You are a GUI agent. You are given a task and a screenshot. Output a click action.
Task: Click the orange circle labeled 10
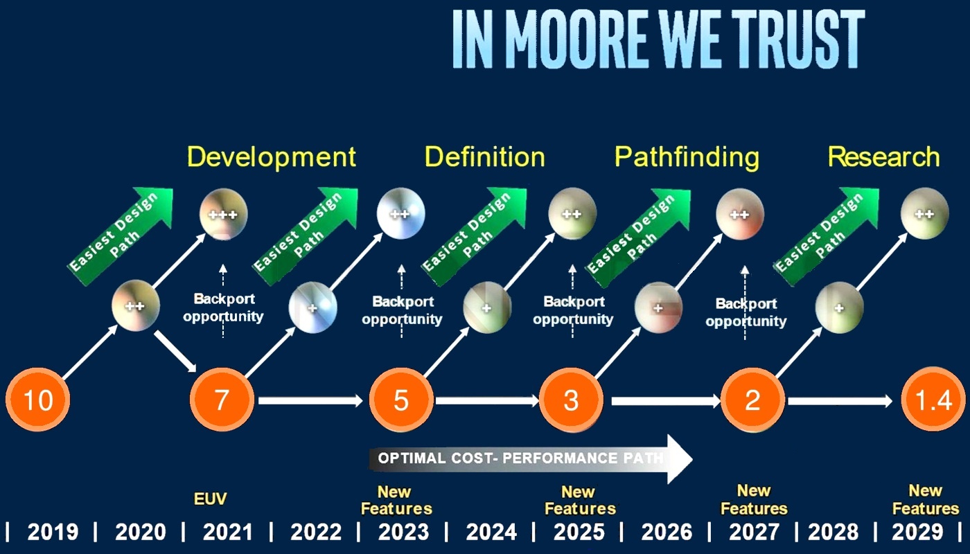coord(37,400)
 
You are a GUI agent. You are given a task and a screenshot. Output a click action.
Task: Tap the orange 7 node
coord(222,400)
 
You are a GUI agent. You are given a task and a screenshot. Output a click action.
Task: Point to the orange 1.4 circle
coord(933,399)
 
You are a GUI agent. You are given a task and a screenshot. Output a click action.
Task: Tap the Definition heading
coord(484,157)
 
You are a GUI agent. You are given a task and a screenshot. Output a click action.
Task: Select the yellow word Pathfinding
coord(687,158)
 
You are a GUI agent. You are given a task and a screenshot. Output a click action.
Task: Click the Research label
coord(884,157)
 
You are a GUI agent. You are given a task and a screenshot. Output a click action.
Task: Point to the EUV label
coord(210,499)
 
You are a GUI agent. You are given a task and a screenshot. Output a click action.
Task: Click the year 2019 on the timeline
coord(53,532)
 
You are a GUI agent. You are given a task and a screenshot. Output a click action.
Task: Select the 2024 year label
coord(491,532)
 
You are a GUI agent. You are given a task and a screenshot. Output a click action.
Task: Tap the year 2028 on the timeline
coord(833,532)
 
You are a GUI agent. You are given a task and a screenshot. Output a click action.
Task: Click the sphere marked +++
coord(223,214)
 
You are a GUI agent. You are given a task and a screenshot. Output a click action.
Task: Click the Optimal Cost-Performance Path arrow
coord(531,458)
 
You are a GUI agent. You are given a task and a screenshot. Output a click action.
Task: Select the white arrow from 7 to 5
coord(310,401)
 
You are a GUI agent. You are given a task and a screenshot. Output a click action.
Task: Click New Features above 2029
coord(926,499)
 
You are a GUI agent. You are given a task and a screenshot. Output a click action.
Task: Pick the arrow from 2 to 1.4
coord(840,401)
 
